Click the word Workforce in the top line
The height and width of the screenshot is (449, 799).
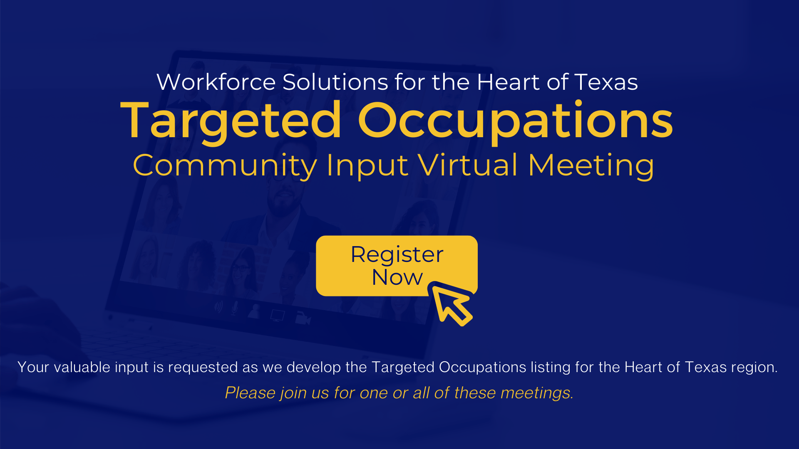[216, 82]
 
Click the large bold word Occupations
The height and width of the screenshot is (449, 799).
[515, 121]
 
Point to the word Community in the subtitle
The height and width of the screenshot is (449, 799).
[225, 166]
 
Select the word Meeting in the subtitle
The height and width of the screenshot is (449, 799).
[591, 166]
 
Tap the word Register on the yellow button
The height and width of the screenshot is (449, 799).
[397, 255]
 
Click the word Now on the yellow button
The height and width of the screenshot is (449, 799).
[397, 277]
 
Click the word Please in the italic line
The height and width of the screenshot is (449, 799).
[251, 393]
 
